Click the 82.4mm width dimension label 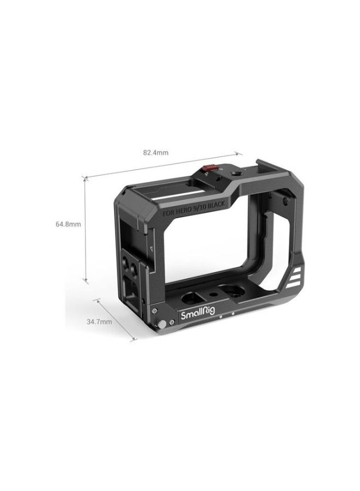click(155, 153)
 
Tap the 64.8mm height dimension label click(68, 224)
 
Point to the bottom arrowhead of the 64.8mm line click(86, 282)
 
